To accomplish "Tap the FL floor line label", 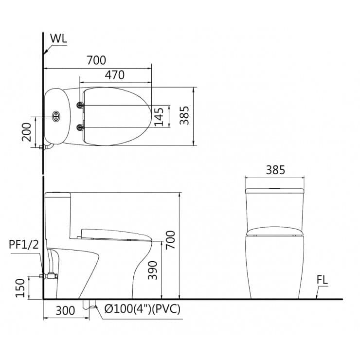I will pos(322,280).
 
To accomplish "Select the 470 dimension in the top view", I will pos(115,75).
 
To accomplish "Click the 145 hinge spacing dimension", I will pos(159,116).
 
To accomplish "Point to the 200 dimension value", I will pos(27,131).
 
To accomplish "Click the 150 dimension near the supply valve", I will pos(19,288).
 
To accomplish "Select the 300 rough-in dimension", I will pos(66,310).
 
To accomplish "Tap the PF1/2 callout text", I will pos(23,245).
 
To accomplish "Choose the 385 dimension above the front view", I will pos(275,170).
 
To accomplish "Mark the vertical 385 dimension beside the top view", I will pos(184,116).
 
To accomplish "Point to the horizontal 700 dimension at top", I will pos(96,60).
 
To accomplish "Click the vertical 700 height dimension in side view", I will pos(170,240).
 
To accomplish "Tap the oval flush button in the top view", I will pos(56,116).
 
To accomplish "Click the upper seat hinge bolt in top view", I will pos(80,105).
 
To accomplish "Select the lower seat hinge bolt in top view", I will pos(80,127).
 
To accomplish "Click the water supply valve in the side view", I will pos(50,276).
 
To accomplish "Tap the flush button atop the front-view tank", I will pos(275,188).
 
